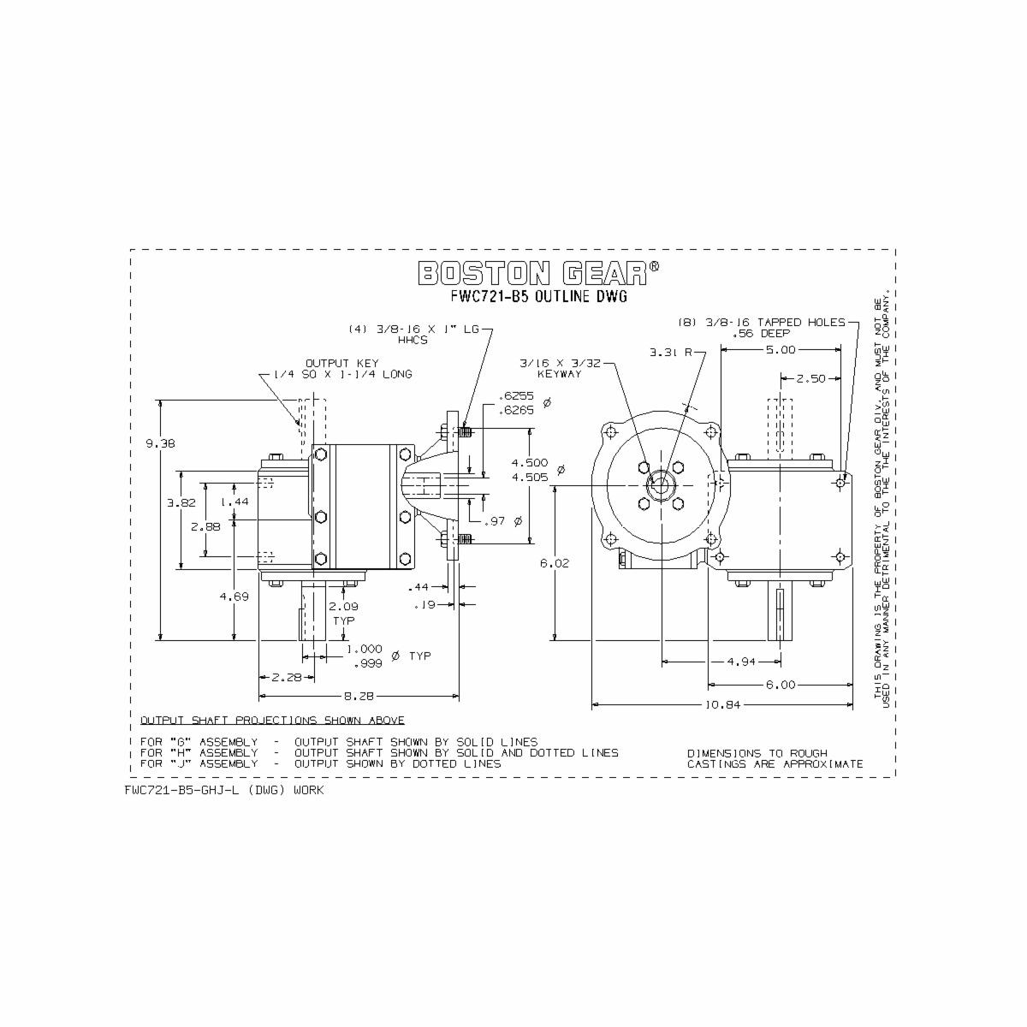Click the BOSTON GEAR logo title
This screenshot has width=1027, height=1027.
point(538,273)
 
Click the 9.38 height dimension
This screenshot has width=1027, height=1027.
point(160,442)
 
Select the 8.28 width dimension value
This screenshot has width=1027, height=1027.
point(359,696)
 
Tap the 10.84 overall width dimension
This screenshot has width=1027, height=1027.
point(722,704)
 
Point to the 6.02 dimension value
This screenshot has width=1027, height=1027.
point(555,562)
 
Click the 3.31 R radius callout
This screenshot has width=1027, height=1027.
point(670,353)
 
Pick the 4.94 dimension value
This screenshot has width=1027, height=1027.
point(741,662)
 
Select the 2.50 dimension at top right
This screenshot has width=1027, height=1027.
point(810,378)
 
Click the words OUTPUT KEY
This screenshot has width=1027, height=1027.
point(342,363)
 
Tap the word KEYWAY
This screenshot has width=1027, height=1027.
point(559,374)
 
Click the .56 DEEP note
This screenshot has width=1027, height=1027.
point(761,333)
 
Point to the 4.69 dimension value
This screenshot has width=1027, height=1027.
point(234,597)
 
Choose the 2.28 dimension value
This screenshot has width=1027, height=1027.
point(287,677)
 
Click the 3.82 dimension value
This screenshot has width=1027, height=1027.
point(181,502)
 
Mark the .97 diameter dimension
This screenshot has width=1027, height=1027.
point(503,520)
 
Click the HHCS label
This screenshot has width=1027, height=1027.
point(413,340)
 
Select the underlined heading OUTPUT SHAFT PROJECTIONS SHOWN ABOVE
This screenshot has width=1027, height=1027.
point(272,721)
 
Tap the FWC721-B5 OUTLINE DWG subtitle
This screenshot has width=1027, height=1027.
point(539,296)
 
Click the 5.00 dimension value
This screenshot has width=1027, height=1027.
point(781,350)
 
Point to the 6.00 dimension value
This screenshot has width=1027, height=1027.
point(781,685)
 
